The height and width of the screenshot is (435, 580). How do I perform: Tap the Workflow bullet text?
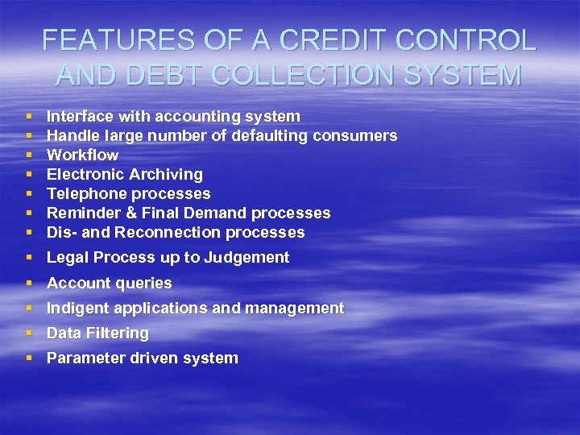tap(82, 155)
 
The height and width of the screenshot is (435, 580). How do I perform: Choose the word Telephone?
tap(87, 193)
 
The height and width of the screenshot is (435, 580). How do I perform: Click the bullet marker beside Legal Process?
tap(29, 258)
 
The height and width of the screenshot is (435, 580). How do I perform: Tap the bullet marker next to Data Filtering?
tap(29, 333)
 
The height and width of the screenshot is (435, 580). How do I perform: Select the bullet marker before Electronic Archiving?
tap(29, 174)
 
